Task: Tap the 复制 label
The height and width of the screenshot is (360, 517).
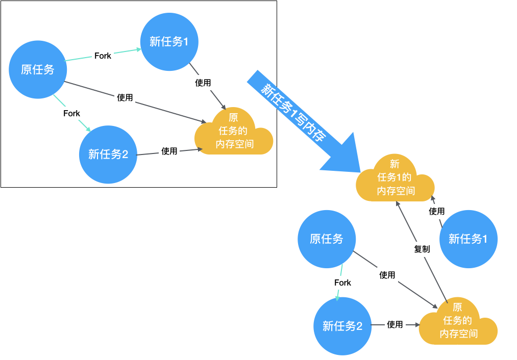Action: [422, 249]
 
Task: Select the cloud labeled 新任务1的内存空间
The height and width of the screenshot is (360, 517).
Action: [396, 179]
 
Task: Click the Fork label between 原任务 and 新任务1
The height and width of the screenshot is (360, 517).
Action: [103, 56]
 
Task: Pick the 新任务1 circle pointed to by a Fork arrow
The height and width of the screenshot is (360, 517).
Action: [169, 42]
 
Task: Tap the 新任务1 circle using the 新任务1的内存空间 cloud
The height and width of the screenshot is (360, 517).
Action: [468, 239]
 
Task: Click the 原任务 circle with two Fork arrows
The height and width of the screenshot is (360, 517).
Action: [38, 70]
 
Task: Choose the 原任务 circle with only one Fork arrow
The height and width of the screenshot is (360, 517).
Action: [327, 239]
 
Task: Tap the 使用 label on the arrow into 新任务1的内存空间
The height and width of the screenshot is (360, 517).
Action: [436, 211]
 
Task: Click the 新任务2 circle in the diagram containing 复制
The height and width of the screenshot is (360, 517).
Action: [342, 326]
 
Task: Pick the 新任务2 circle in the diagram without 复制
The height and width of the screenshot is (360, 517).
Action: [108, 154]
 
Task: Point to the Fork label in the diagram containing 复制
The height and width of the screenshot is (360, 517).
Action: [342, 282]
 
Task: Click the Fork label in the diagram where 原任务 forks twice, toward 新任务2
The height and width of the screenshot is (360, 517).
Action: [71, 113]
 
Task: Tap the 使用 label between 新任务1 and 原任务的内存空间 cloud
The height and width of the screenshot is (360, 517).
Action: [203, 83]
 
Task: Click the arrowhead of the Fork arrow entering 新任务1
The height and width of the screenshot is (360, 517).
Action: [138, 49]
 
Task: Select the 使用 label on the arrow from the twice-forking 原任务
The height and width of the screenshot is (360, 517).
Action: [125, 97]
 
